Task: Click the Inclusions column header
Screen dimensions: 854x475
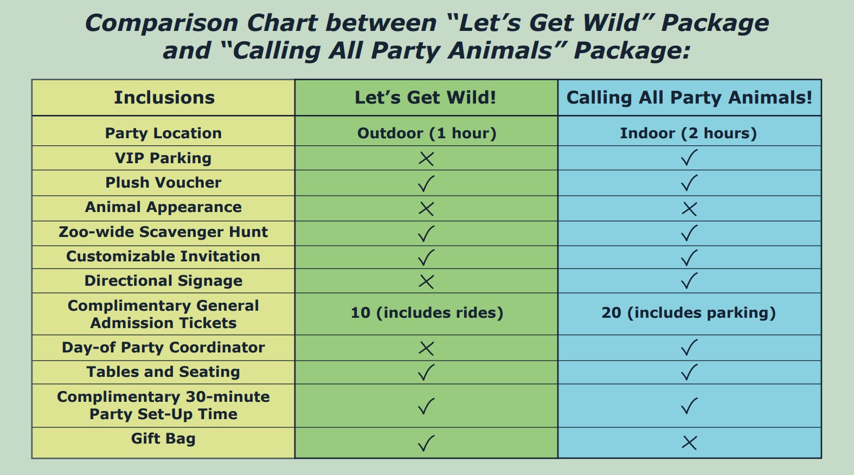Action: (x=164, y=98)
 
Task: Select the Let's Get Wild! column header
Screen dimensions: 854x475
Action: (x=426, y=98)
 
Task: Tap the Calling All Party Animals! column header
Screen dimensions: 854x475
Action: (x=689, y=98)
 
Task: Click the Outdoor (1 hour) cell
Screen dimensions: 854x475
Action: (x=427, y=133)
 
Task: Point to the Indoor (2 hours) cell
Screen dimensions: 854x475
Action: (x=688, y=133)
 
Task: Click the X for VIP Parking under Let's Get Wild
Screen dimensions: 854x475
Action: (x=426, y=158)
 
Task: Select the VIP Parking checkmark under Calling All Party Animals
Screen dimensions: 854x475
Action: (x=689, y=157)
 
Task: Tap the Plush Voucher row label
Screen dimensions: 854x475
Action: (x=163, y=183)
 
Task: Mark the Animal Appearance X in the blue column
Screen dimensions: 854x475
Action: (x=689, y=209)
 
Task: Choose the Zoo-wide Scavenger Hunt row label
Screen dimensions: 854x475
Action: (x=163, y=232)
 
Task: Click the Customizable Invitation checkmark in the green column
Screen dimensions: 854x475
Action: (x=426, y=258)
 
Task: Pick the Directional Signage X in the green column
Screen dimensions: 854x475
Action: (x=426, y=282)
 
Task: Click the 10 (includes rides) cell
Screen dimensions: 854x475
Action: (x=427, y=313)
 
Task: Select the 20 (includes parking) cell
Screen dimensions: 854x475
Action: (x=689, y=313)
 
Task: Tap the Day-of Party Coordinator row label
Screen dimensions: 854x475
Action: (x=163, y=347)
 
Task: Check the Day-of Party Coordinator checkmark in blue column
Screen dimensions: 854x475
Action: (x=689, y=347)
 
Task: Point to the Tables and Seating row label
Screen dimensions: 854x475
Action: (x=163, y=371)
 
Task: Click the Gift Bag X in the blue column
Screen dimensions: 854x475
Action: (x=689, y=443)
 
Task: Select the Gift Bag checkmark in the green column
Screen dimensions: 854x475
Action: (x=426, y=443)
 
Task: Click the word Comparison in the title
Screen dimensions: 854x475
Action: (x=162, y=23)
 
